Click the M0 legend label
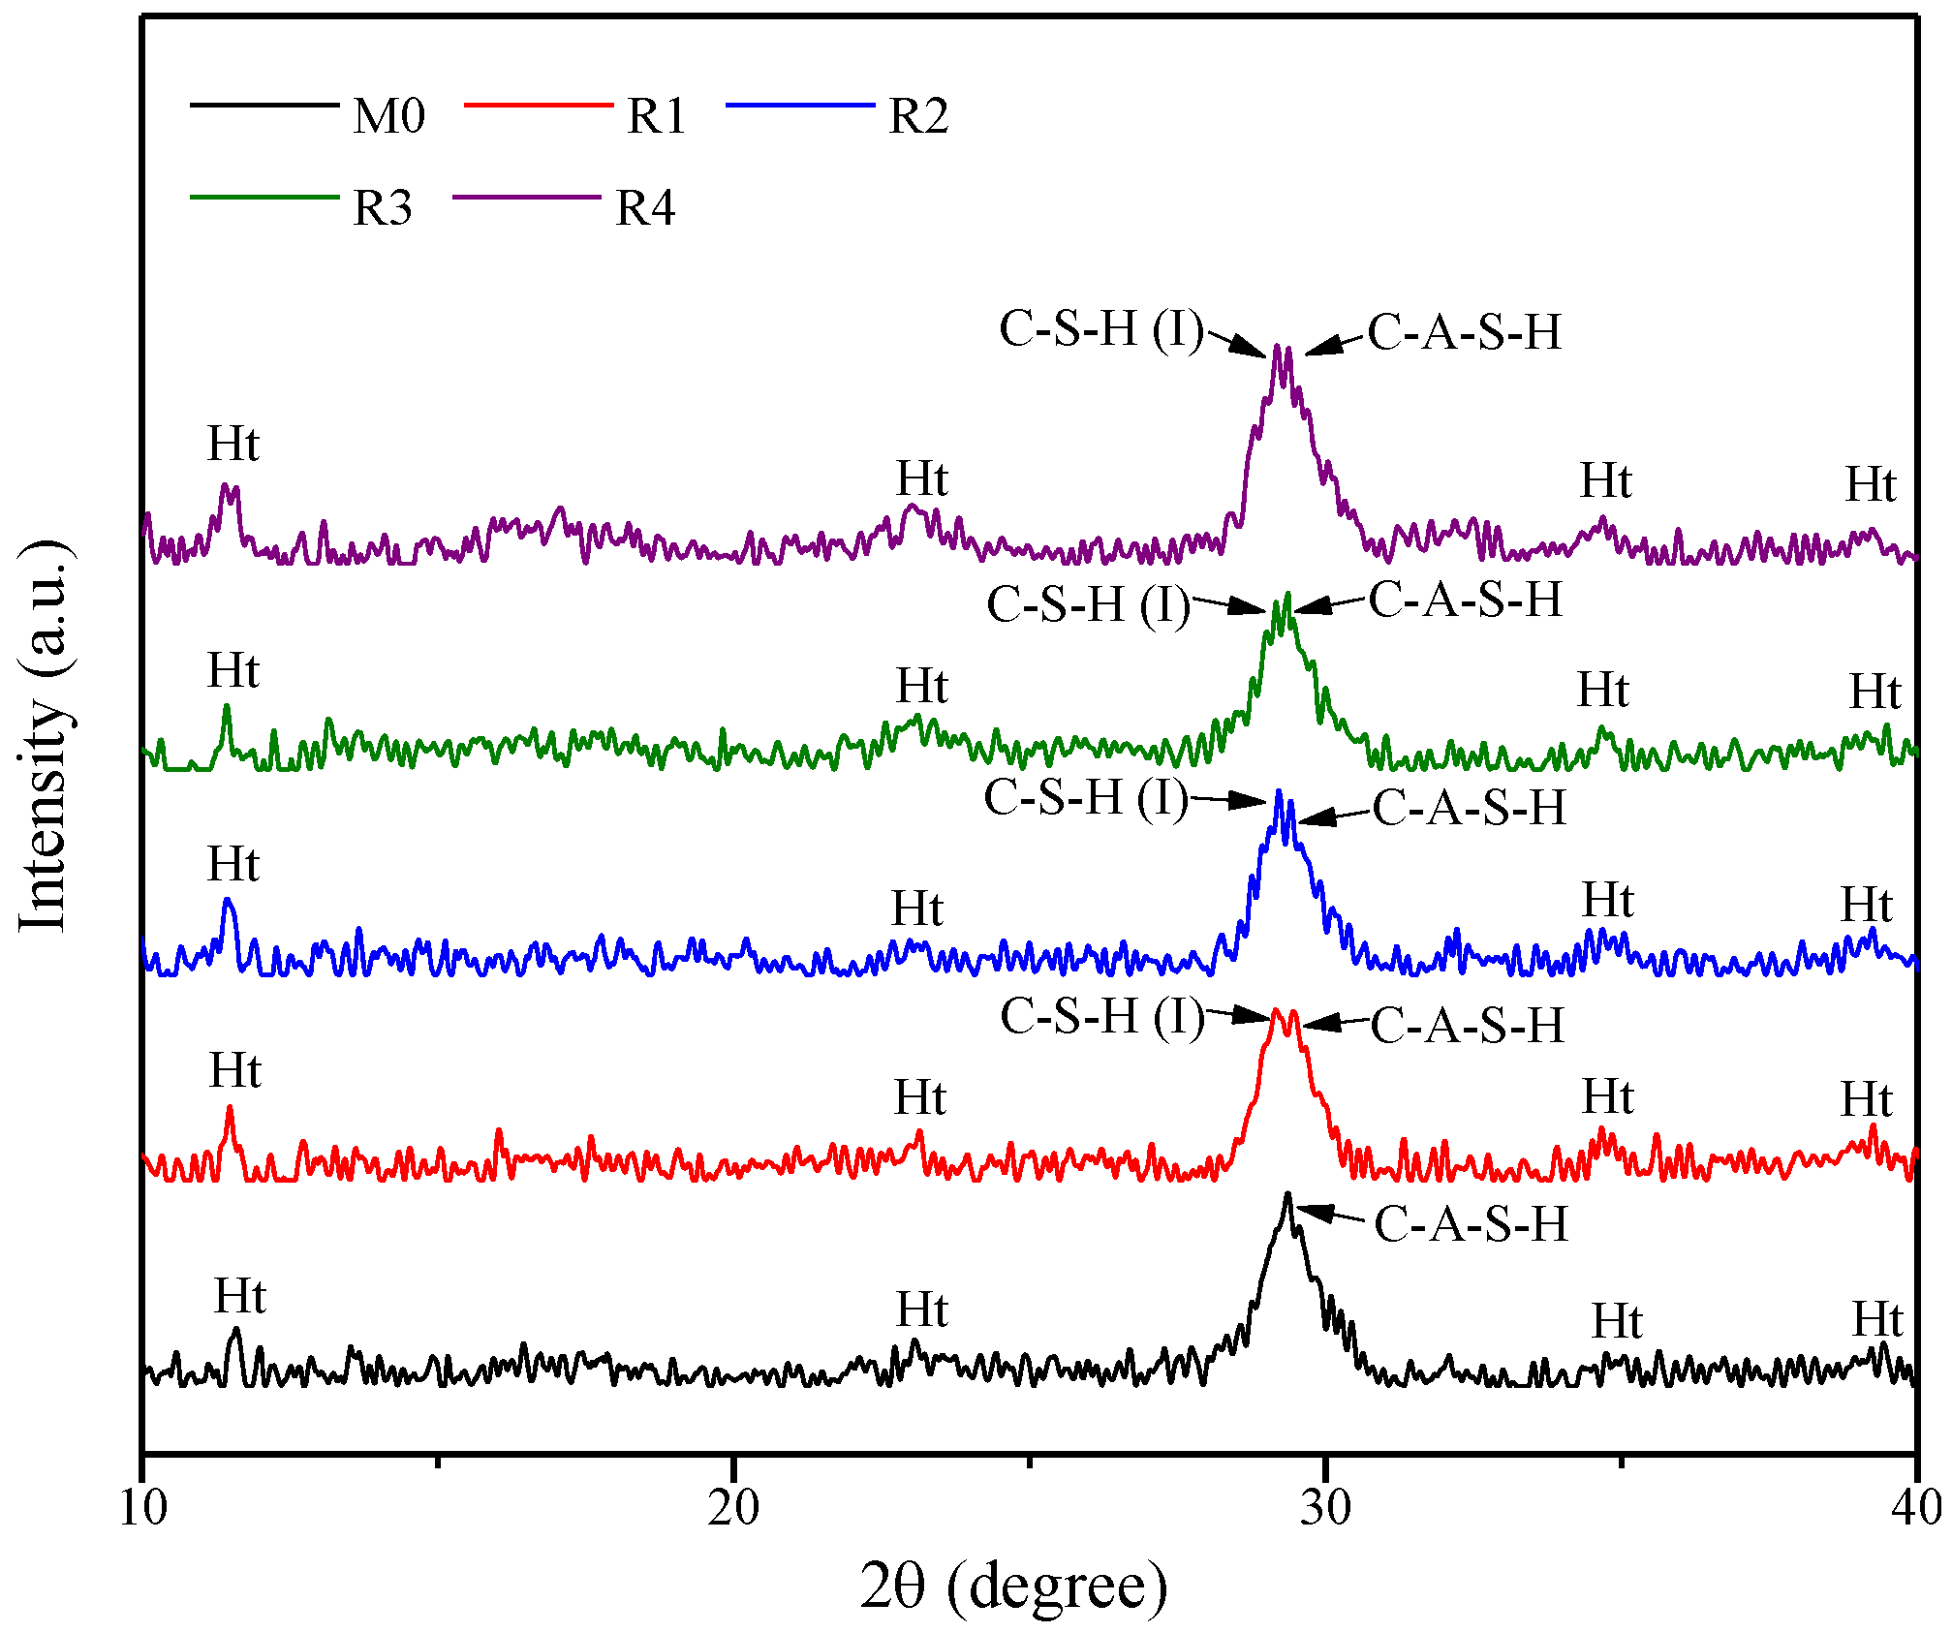389,117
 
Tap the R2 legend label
918,117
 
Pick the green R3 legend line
264,197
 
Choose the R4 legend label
645,208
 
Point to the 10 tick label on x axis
142,1508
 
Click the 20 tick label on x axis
733,1508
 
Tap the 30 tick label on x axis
1325,1508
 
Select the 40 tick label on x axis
1916,1508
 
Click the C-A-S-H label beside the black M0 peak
1471,1224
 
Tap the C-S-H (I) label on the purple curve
1101,329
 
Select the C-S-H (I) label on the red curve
1102,1017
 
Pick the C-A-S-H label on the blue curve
1469,808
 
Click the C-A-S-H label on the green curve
1466,600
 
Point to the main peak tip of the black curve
1287,1194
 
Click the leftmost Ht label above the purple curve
233,445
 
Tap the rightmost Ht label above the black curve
1878,1319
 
